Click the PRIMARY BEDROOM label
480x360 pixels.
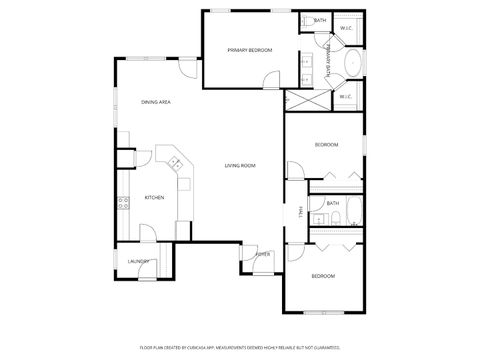pos(249,50)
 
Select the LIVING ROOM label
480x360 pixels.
pos(240,165)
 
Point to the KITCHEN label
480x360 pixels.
pos(154,197)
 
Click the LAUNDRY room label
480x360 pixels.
pos(138,262)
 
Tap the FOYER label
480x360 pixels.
pos(263,254)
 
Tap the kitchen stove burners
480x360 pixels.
pos(124,203)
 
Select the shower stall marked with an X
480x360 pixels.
pos(299,99)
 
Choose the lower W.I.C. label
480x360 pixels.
pos(344,97)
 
